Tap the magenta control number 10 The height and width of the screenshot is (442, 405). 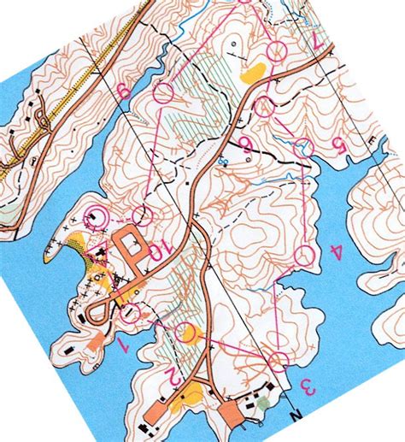click(159, 253)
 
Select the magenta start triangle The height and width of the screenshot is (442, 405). click(302, 150)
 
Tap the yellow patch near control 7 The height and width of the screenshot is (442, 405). click(253, 74)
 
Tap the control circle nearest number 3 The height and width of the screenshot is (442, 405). click(277, 362)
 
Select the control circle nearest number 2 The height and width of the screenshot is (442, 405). click(189, 333)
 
